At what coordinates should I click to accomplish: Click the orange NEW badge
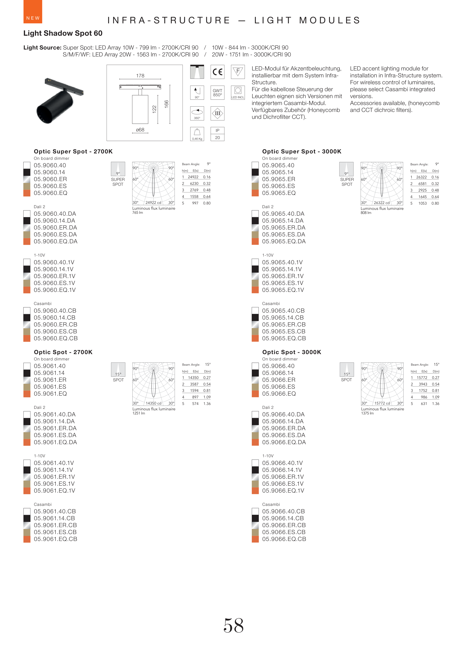coord(33,12)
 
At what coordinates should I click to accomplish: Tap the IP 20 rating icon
coord(217,134)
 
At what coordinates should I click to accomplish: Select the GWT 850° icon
coord(217,93)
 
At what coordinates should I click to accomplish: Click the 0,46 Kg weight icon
coord(197,134)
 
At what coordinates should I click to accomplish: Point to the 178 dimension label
coord(140,76)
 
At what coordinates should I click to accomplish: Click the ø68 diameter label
coord(140,130)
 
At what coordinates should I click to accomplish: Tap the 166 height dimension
coord(166,104)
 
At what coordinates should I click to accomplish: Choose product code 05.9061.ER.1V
coord(54,476)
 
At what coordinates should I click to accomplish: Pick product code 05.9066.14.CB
coord(283,518)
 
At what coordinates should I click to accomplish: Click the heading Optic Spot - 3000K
coord(292,352)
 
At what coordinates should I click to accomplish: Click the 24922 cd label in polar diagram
coord(153,203)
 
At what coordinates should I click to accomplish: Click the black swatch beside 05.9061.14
coord(27,373)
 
